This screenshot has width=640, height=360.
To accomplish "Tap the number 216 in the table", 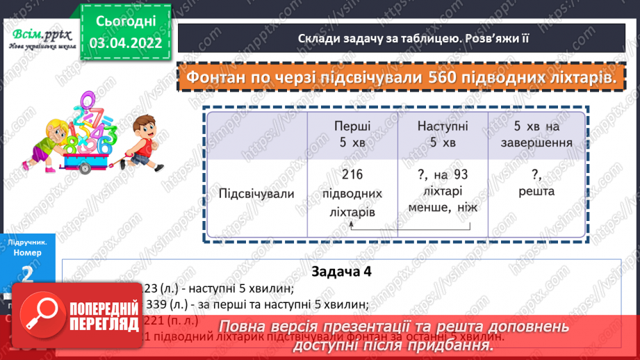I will point(353,174).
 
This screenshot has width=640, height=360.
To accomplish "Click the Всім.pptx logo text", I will point(38,33).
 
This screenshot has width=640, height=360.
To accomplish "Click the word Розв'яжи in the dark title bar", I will point(487,38).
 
